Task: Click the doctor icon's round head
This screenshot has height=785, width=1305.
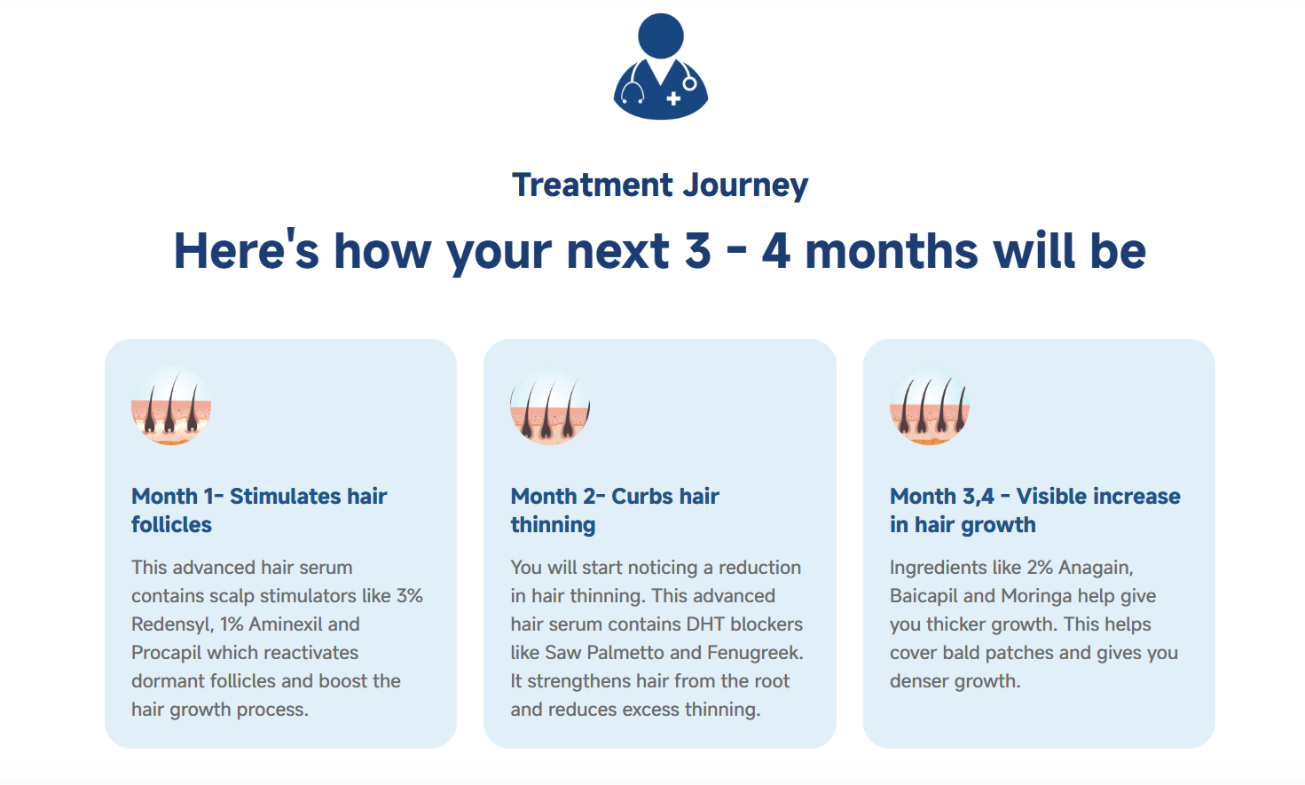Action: [x=661, y=36]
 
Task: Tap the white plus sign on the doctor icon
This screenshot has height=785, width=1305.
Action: [x=673, y=98]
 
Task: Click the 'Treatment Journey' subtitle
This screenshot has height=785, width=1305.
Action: [x=660, y=185]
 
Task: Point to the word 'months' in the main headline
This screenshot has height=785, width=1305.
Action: [x=892, y=252]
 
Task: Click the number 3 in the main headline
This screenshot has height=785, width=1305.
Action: [x=698, y=252]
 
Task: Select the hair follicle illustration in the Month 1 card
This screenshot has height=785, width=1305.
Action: [x=171, y=406]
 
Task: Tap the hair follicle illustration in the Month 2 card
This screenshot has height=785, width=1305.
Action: [x=550, y=406]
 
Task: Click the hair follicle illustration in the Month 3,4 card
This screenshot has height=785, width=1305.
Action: [x=930, y=406]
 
